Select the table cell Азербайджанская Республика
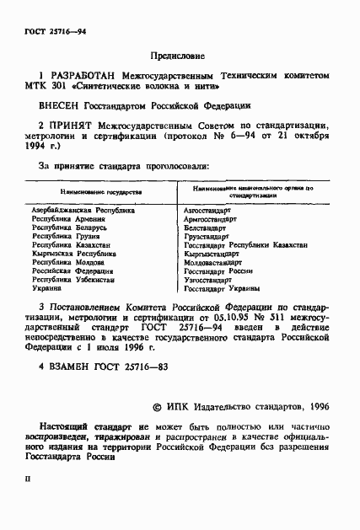pos(83,211)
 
